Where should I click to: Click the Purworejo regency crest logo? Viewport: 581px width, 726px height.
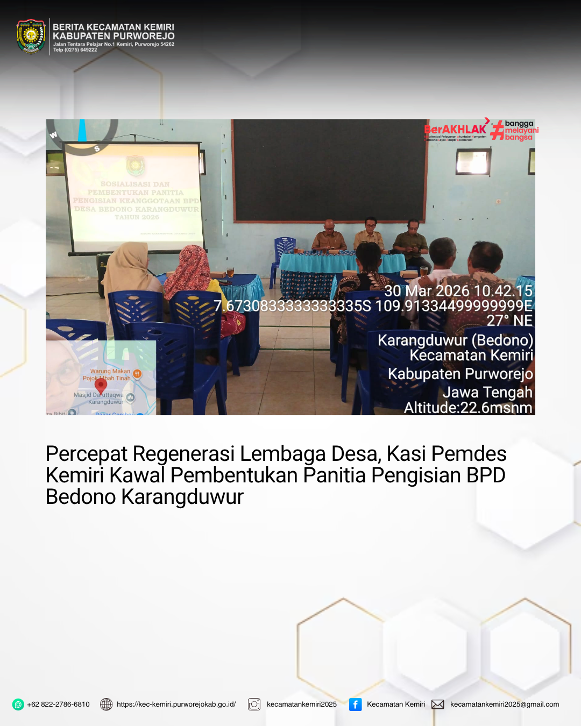tap(31, 37)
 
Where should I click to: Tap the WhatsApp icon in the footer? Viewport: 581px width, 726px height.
tap(18, 704)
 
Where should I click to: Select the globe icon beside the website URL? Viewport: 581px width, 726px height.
tap(107, 704)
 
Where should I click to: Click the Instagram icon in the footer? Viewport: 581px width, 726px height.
tap(254, 704)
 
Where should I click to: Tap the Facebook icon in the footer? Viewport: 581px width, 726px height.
tap(356, 704)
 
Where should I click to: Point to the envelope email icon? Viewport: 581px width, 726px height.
tap(438, 704)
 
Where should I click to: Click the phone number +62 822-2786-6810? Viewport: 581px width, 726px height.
tap(58, 704)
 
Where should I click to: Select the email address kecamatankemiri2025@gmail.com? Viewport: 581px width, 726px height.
tap(505, 704)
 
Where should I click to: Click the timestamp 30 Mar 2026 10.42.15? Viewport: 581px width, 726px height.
tap(458, 291)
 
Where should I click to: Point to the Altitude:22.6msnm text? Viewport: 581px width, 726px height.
tap(468, 408)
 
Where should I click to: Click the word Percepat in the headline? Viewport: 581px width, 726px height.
tap(86, 454)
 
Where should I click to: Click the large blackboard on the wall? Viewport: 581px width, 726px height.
tap(329, 170)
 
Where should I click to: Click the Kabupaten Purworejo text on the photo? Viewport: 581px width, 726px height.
tap(460, 374)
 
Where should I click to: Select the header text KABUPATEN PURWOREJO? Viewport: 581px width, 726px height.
tap(114, 36)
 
